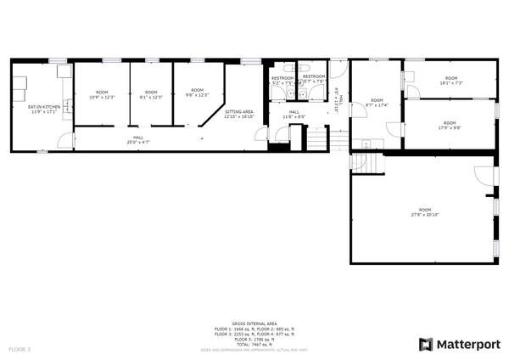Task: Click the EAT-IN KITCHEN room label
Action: pos(42,110)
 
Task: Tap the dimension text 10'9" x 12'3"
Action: pos(102,96)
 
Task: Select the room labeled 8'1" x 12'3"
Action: pos(151,96)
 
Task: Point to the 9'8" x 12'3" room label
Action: pos(197,94)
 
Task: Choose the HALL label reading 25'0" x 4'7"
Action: pos(137,141)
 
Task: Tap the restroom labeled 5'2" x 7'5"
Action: pos(282,81)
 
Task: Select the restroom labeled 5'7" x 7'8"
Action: pos(314,79)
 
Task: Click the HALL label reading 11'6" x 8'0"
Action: pos(294,115)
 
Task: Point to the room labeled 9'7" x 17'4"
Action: pos(376,102)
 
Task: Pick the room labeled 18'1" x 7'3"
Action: pos(450,81)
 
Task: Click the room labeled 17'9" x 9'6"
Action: pos(450,125)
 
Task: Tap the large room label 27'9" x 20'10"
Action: pos(424,212)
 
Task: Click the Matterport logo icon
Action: pos(426,344)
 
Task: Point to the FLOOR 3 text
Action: pos(20,349)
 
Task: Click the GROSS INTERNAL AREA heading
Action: pos(254,324)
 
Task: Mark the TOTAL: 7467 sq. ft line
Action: pos(254,344)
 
